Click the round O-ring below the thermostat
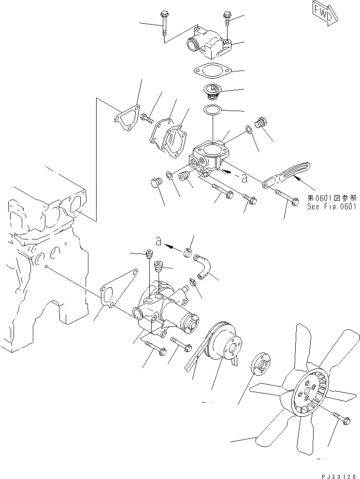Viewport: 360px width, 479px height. tap(211, 111)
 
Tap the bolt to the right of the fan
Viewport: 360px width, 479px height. tap(344, 417)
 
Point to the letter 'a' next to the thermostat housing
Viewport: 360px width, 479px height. tap(245, 179)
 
